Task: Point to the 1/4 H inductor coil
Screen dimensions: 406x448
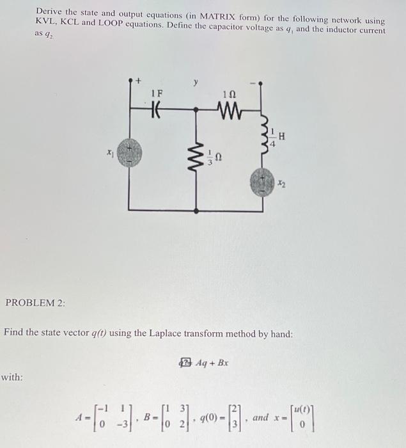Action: (x=262, y=136)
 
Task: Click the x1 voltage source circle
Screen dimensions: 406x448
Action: (x=130, y=154)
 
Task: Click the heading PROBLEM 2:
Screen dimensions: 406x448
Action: (x=36, y=303)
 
